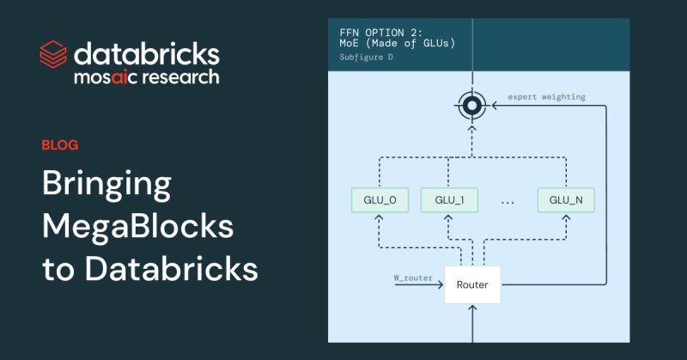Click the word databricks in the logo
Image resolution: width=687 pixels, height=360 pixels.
[146, 53]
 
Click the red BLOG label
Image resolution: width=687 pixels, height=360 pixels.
[60, 144]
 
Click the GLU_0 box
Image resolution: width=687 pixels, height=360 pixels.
[380, 200]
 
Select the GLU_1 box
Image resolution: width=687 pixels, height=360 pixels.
[449, 200]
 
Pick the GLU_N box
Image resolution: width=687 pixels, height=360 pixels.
[566, 200]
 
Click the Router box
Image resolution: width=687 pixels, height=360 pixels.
[472, 284]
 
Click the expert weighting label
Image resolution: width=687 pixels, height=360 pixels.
[547, 97]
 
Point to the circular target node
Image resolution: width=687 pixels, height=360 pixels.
[471, 107]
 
